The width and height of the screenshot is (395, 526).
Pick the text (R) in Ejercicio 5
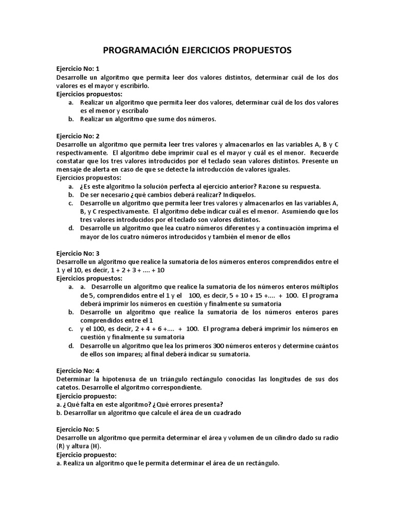coord(61,446)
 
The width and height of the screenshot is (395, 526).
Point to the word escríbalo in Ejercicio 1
coord(135,111)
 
